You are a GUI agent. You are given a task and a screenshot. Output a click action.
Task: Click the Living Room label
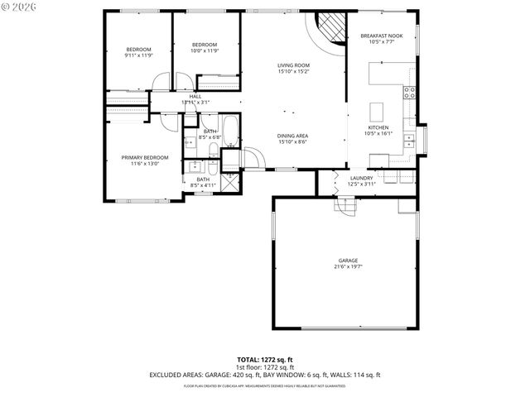coord(293,65)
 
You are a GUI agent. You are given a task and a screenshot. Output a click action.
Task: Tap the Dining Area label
coord(293,135)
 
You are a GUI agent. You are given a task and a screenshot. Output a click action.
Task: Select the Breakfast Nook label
coord(382,36)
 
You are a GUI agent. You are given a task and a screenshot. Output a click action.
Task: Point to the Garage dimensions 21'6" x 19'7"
coord(348,266)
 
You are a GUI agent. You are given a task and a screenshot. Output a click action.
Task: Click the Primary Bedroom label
coord(145,157)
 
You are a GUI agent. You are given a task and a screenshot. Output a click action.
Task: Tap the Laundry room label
coord(362,178)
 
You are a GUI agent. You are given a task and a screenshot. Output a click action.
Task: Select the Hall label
coord(195,96)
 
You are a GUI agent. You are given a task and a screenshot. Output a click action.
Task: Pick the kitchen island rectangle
coord(378,112)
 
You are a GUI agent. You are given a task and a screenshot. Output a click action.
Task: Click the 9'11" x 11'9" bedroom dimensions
coord(138,55)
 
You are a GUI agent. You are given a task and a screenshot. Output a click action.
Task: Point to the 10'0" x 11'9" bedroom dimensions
coord(205,50)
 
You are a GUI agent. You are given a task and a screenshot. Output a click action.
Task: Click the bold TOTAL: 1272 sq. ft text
coord(265,360)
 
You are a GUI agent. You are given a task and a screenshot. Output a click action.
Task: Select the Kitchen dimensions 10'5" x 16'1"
coord(378,133)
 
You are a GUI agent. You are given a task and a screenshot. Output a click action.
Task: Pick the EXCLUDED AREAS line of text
coord(265,374)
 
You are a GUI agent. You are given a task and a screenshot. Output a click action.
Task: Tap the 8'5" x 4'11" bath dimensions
coord(203,185)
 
